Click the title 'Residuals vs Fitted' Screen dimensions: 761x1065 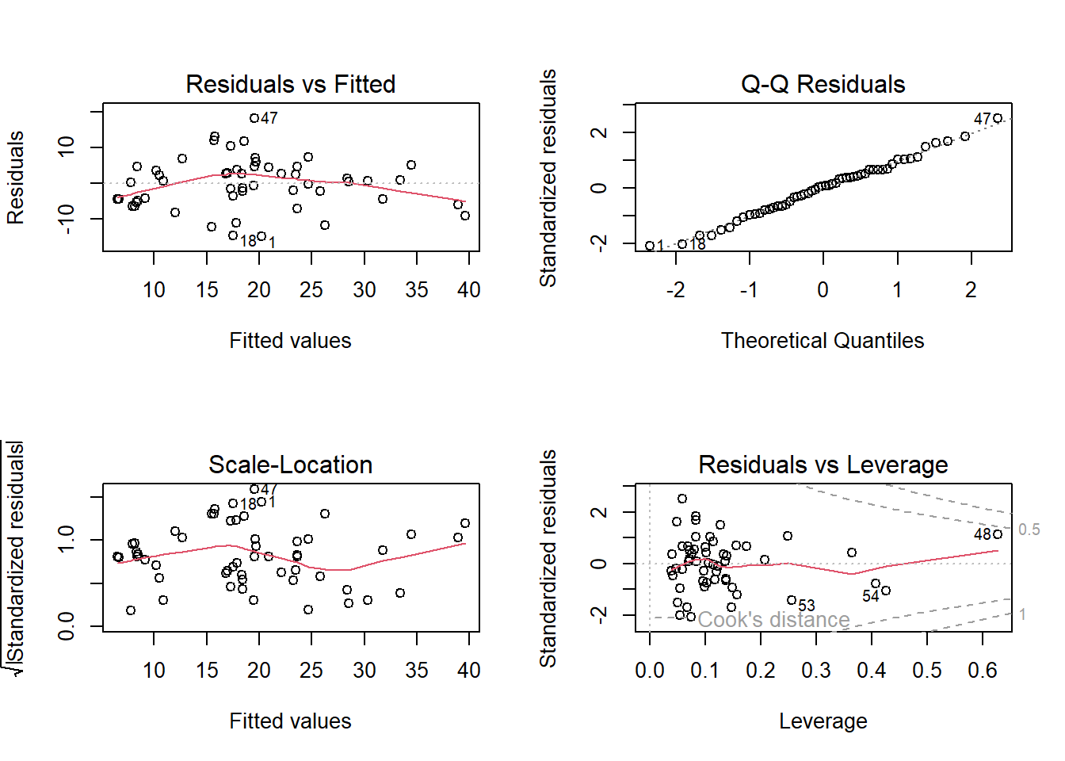point(290,84)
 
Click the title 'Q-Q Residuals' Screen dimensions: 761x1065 point(823,84)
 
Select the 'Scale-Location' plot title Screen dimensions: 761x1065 point(290,465)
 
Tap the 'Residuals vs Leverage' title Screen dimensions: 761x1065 point(823,465)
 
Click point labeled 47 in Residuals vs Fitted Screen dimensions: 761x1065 point(254,118)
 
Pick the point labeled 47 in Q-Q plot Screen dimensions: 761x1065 point(998,119)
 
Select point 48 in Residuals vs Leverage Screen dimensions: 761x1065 point(998,534)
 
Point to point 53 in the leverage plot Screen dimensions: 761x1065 point(792,600)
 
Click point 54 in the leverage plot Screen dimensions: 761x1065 point(886,591)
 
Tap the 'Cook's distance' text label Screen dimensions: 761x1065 point(773,620)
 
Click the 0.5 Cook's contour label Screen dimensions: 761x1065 point(1029,530)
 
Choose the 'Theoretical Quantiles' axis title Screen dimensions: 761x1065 point(823,341)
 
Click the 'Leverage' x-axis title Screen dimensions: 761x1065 point(823,721)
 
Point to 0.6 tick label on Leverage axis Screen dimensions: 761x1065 point(983,671)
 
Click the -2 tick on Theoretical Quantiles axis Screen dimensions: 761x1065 point(675,290)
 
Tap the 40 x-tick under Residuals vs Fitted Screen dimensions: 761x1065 point(469,290)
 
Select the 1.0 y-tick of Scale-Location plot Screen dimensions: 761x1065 point(67,540)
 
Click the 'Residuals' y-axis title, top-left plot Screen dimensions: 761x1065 point(16,178)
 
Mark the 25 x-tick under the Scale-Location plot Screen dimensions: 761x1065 point(311,671)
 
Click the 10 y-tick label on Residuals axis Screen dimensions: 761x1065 point(67,147)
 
